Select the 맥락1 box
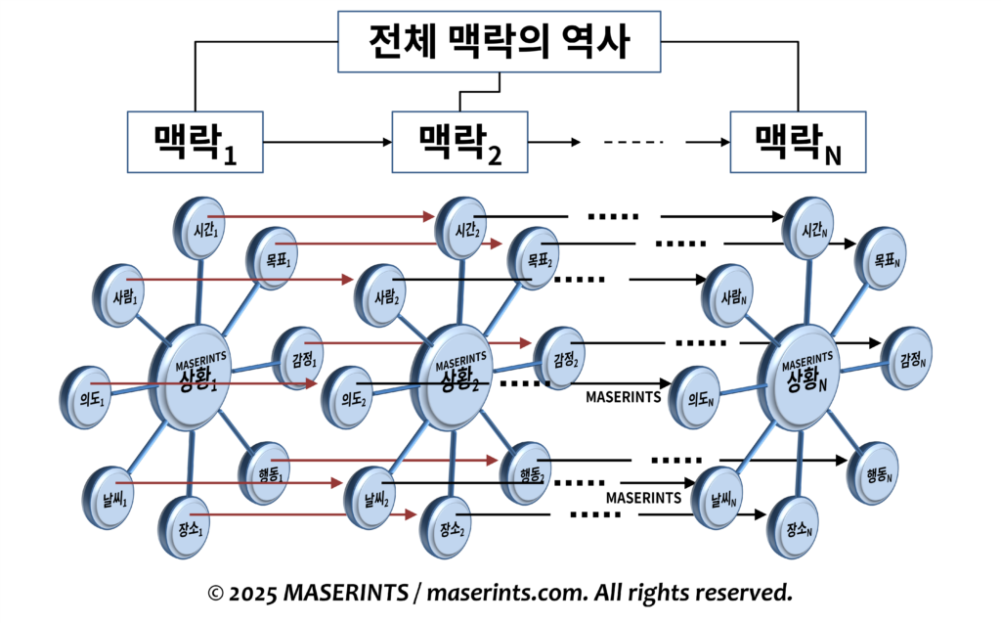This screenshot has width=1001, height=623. click(x=196, y=142)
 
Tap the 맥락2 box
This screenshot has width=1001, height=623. click(x=459, y=142)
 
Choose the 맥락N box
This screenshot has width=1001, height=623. click(x=800, y=142)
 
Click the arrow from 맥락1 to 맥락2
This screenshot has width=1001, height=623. click(x=327, y=143)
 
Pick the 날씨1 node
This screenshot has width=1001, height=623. click(x=112, y=487)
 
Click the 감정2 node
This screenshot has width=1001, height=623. click(x=560, y=353)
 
